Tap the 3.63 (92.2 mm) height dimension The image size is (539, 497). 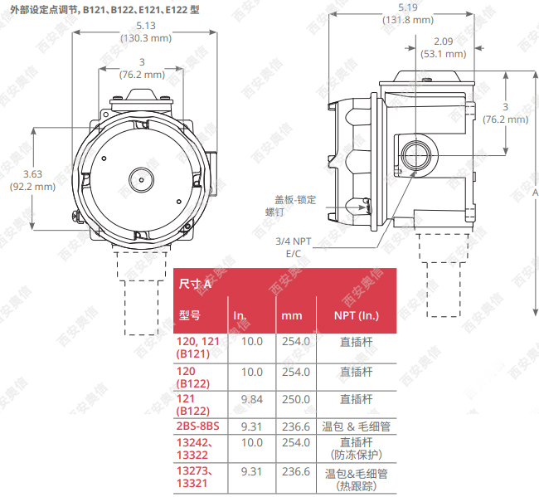(x=32, y=180)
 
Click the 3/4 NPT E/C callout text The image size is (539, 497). (x=294, y=246)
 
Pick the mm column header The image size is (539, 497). (x=292, y=316)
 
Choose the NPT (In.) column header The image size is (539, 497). (x=356, y=316)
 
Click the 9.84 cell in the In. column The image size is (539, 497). (x=251, y=399)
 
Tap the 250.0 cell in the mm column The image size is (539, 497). (x=295, y=399)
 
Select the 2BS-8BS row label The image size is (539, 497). (x=198, y=426)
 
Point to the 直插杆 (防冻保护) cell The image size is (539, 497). (x=356, y=449)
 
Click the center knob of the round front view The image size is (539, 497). (x=138, y=178)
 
